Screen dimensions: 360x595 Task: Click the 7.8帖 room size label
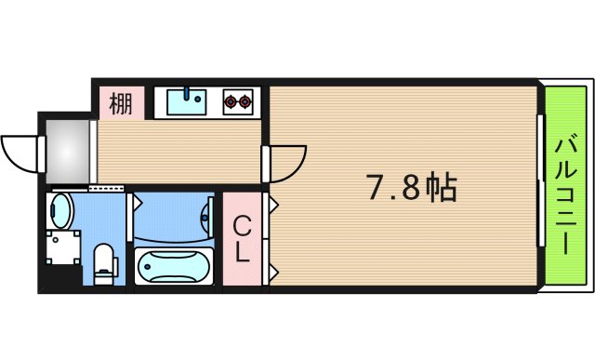click(409, 190)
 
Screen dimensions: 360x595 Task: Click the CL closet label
click(241, 239)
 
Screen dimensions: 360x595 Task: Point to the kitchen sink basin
click(192, 100)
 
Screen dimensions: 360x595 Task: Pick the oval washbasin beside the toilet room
click(60, 210)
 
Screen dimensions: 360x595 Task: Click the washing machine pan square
click(62, 248)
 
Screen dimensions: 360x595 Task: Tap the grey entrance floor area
click(66, 149)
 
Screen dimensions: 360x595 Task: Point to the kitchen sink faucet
click(192, 92)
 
